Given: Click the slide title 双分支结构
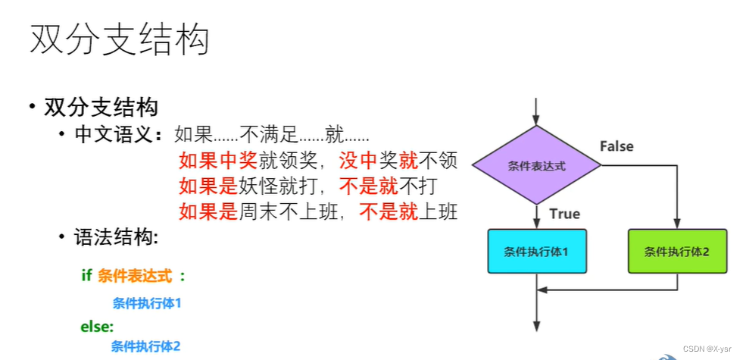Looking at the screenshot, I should click(x=119, y=40).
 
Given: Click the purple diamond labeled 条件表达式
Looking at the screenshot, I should click(x=536, y=165).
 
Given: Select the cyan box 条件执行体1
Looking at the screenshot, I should click(x=536, y=251).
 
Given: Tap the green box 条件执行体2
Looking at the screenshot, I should click(x=677, y=251).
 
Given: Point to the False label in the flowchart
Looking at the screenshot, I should click(x=617, y=146).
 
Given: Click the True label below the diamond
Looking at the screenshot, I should click(x=564, y=214).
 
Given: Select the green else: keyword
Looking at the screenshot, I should click(x=97, y=327).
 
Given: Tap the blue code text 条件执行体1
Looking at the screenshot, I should click(x=147, y=303).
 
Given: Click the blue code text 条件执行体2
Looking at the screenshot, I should click(x=145, y=346).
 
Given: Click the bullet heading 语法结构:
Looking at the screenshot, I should click(x=116, y=237).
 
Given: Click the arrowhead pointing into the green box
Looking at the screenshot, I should click(x=677, y=224).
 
